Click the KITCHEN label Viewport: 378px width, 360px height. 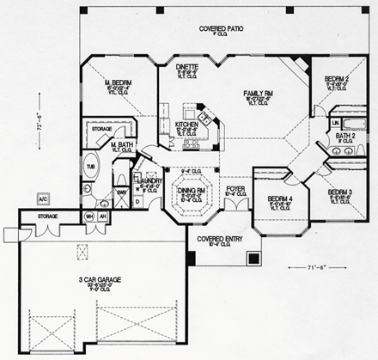[187, 125]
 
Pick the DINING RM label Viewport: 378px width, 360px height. [189, 190]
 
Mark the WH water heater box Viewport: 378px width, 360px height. [88, 217]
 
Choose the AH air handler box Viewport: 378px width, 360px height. [104, 217]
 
